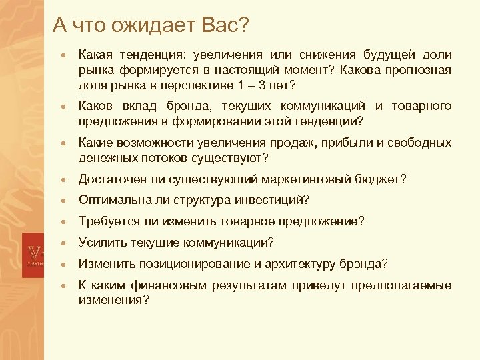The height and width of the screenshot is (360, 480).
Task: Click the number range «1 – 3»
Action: click(247, 85)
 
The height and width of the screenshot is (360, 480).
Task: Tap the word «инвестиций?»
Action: click(278, 200)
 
